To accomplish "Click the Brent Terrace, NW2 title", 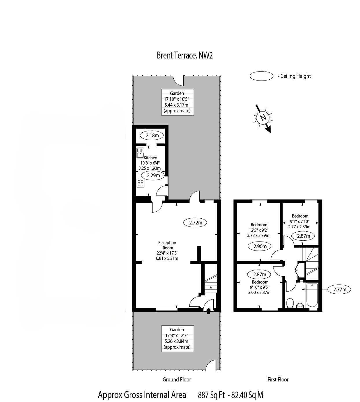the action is pos(185,55).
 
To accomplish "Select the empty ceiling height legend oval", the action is pos(261,76).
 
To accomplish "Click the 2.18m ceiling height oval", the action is pos(152,136).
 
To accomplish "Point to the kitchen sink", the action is pos(140,153).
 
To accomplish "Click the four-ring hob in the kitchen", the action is pos(140,183).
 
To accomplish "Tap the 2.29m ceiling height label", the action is pos(153,176).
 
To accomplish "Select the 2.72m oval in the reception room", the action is pos(195,223).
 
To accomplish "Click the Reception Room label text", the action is pos(167,245).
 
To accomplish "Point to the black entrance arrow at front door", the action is pos(208,311).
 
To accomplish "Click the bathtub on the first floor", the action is pos(312,295).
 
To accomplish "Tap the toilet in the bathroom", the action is pos(290,303).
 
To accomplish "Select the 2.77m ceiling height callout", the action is pos(339,290).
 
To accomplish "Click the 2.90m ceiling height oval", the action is pos(260,246).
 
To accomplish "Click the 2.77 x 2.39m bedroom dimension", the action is pos(299,226).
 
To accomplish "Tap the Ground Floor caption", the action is pos(177,380).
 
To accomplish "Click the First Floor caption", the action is pos(278,380).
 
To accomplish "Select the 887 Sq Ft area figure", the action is pos(211,395).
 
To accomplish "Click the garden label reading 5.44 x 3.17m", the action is pos(177,105).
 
